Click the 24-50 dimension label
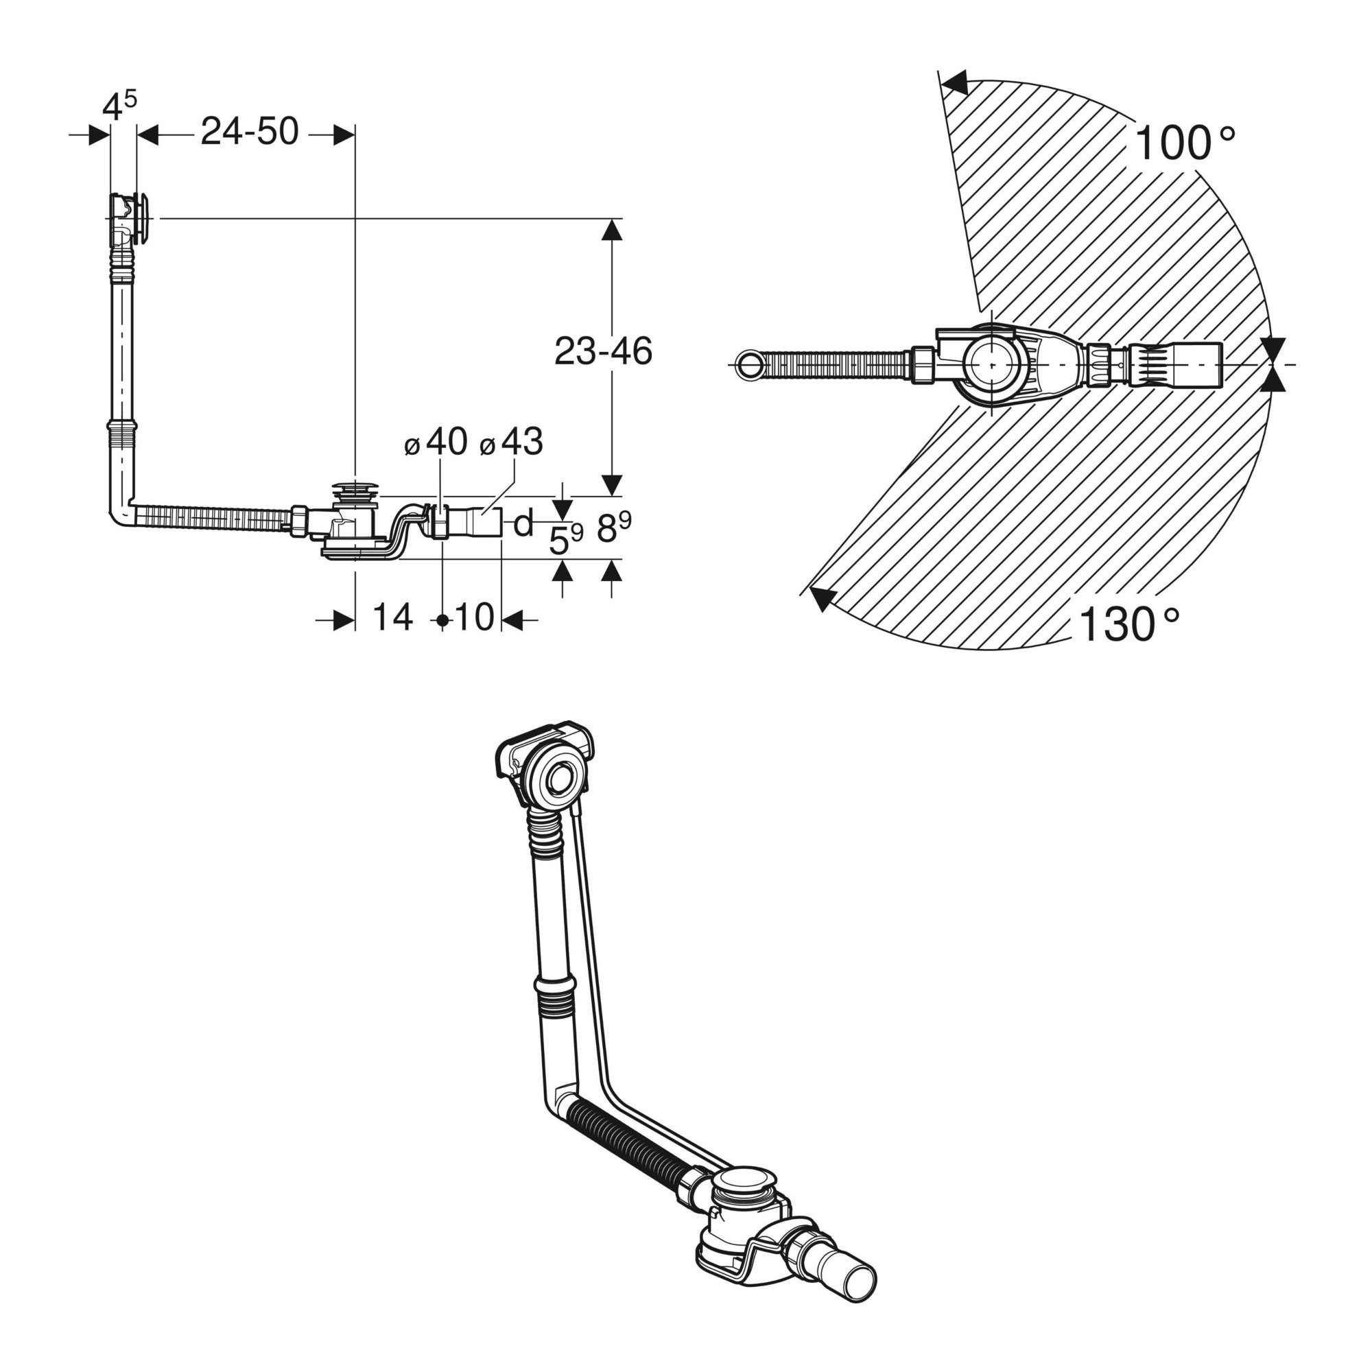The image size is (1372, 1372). [249, 132]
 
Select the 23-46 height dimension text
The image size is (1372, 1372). [603, 351]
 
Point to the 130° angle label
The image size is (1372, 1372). [1129, 624]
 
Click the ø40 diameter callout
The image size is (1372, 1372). [436, 442]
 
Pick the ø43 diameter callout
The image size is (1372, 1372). [511, 442]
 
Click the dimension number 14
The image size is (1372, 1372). [392, 617]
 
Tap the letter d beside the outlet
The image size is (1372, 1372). [523, 524]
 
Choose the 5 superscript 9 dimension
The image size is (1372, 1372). [566, 541]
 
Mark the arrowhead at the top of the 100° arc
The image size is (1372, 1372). [956, 82]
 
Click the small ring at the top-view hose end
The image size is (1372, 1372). [748, 364]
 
